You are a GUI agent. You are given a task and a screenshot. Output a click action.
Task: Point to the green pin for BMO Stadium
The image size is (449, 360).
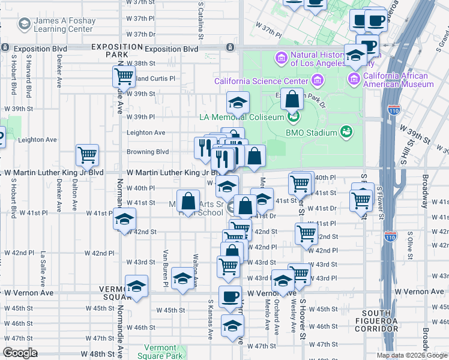[x=346, y=131]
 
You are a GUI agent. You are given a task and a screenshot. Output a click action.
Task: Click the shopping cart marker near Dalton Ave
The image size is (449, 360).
[x=87, y=155]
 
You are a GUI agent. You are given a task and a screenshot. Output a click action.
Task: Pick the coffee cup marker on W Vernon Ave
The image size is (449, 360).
[x=231, y=296]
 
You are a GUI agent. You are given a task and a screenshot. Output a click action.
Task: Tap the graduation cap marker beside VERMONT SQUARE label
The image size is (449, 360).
[x=136, y=286]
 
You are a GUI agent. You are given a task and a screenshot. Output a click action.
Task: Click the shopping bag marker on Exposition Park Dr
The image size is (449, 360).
[x=291, y=99]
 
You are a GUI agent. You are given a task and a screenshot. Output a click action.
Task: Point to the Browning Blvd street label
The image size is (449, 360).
[x=147, y=152]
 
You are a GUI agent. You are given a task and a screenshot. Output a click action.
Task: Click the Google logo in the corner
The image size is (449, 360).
[x=20, y=353]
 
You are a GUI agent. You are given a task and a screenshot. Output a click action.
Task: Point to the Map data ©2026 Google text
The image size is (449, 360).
[x=411, y=355]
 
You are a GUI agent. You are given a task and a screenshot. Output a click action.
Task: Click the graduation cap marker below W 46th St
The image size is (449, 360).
[x=232, y=326]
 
